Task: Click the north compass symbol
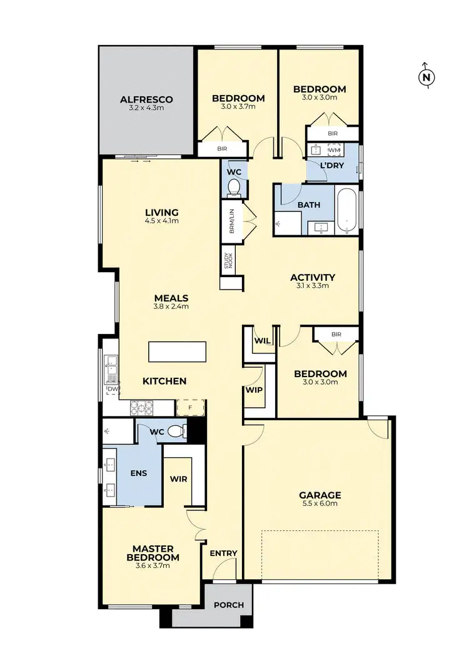426,76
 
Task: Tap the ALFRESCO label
146,99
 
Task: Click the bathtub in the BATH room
346,211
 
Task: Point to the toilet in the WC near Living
234,187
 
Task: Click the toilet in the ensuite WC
178,430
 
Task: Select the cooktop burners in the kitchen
142,407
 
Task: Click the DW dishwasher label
113,390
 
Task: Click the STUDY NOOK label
227,261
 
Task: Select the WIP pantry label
253,390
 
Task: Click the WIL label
261,342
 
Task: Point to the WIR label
179,479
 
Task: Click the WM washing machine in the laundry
333,150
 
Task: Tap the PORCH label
228,605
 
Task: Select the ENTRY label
223,553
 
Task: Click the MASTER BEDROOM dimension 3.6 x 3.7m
153,565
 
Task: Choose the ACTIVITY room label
313,277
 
